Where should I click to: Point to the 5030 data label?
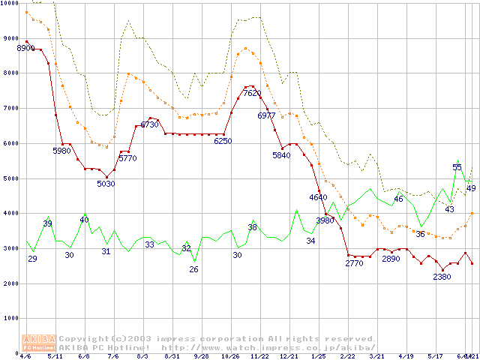pos(106,184)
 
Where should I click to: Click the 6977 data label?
pos(266,116)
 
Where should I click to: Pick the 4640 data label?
pos(318,197)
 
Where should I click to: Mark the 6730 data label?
pos(149,124)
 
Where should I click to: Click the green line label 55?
pos(457,167)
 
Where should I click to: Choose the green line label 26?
pos(194,269)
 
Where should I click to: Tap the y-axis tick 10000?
pos(10,3)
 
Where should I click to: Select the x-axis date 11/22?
pos(259,357)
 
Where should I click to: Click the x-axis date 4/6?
pos(26,357)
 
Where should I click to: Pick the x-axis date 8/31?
pos(171,357)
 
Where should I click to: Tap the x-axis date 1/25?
pos(318,357)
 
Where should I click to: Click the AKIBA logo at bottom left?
pos(39,343)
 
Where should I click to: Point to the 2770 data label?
pos(354,263)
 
